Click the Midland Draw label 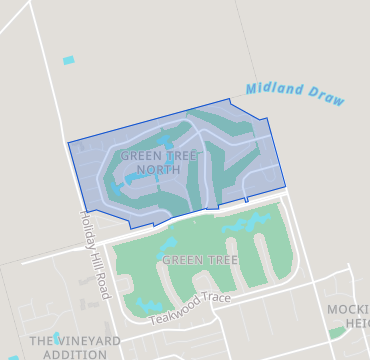click(295, 94)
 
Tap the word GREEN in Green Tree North click(141, 157)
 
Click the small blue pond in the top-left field click(68, 61)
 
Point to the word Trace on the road click(218, 299)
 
